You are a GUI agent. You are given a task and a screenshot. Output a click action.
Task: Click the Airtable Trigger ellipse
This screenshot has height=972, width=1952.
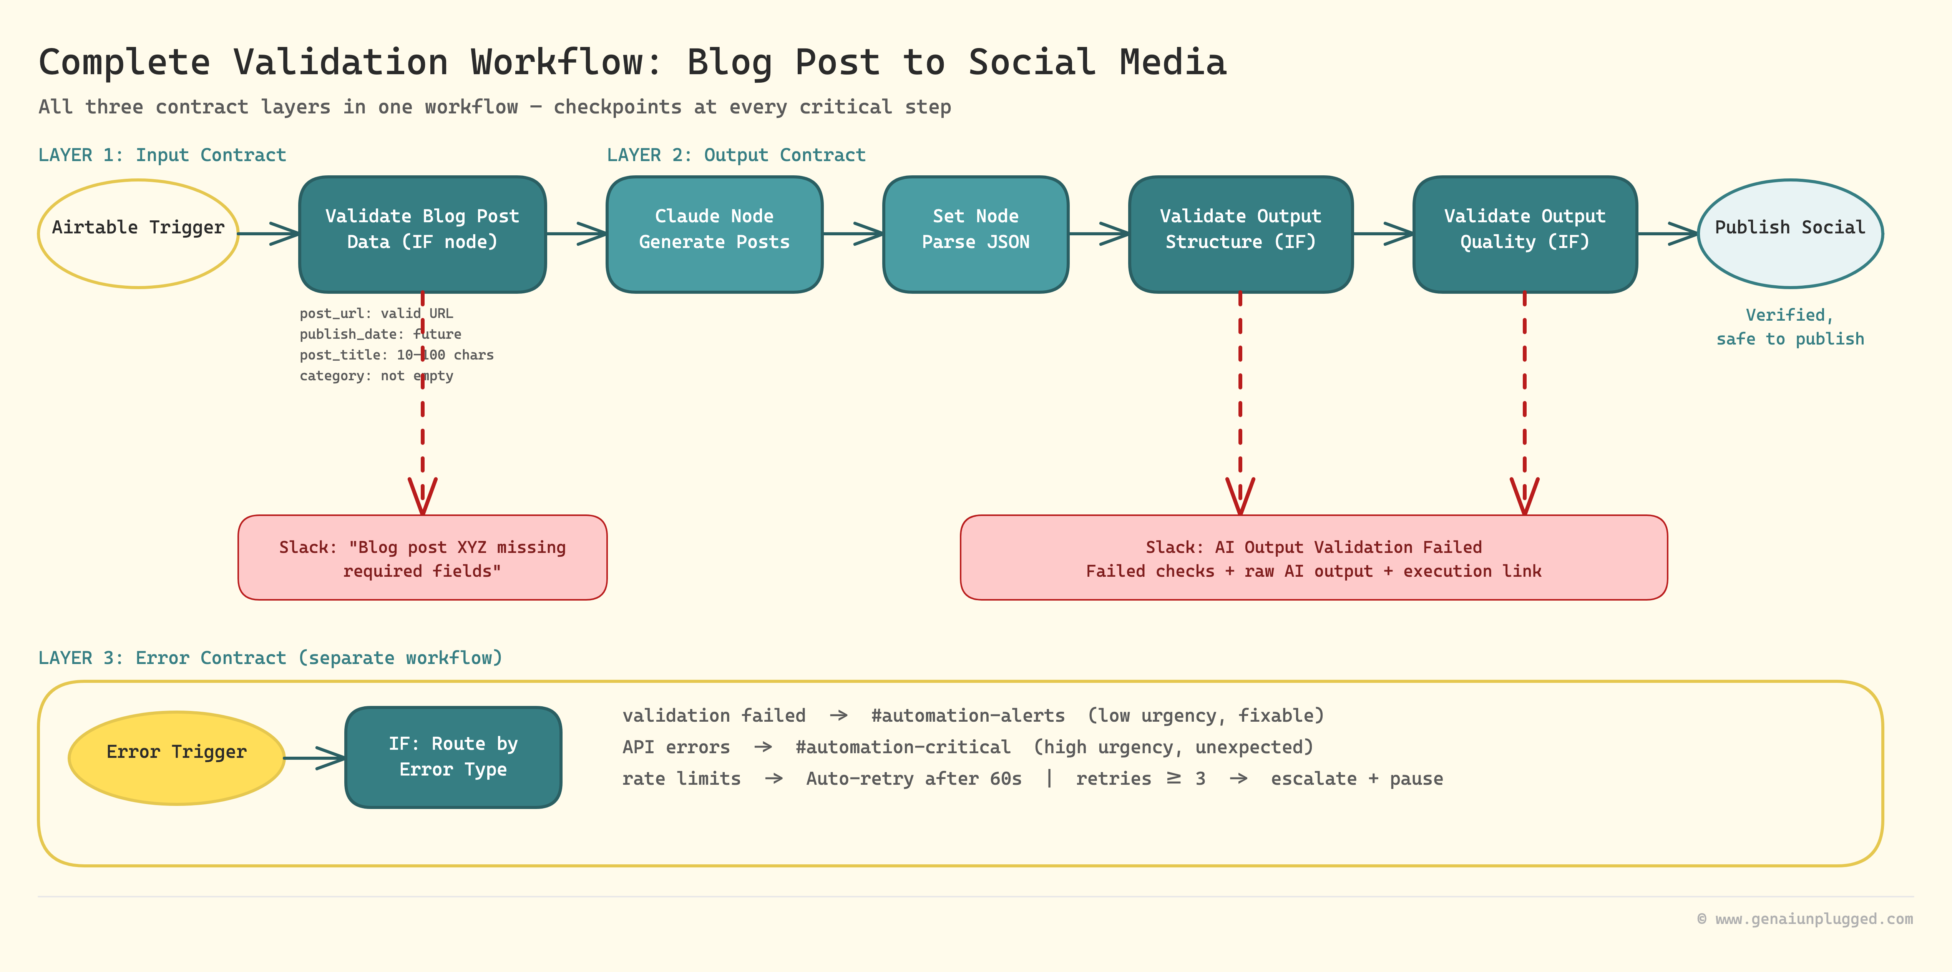pyautogui.click(x=138, y=233)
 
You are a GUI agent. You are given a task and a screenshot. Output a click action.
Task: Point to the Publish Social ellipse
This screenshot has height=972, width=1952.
pyautogui.click(x=1790, y=233)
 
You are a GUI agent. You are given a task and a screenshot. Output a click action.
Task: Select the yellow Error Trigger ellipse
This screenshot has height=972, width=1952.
pyautogui.click(x=176, y=757)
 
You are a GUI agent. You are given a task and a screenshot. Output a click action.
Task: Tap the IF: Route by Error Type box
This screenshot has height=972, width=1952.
pyautogui.click(x=453, y=757)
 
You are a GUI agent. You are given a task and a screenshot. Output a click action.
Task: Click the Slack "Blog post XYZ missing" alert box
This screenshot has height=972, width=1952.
pyautogui.click(x=422, y=557)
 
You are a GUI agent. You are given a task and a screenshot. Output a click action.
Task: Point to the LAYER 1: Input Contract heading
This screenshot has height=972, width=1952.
pyautogui.click(x=162, y=155)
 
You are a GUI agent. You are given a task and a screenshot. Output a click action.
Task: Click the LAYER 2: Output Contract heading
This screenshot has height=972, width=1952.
pyautogui.click(x=736, y=155)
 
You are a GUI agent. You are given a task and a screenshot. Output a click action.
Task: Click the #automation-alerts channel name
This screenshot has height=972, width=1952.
pyautogui.click(x=968, y=715)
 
